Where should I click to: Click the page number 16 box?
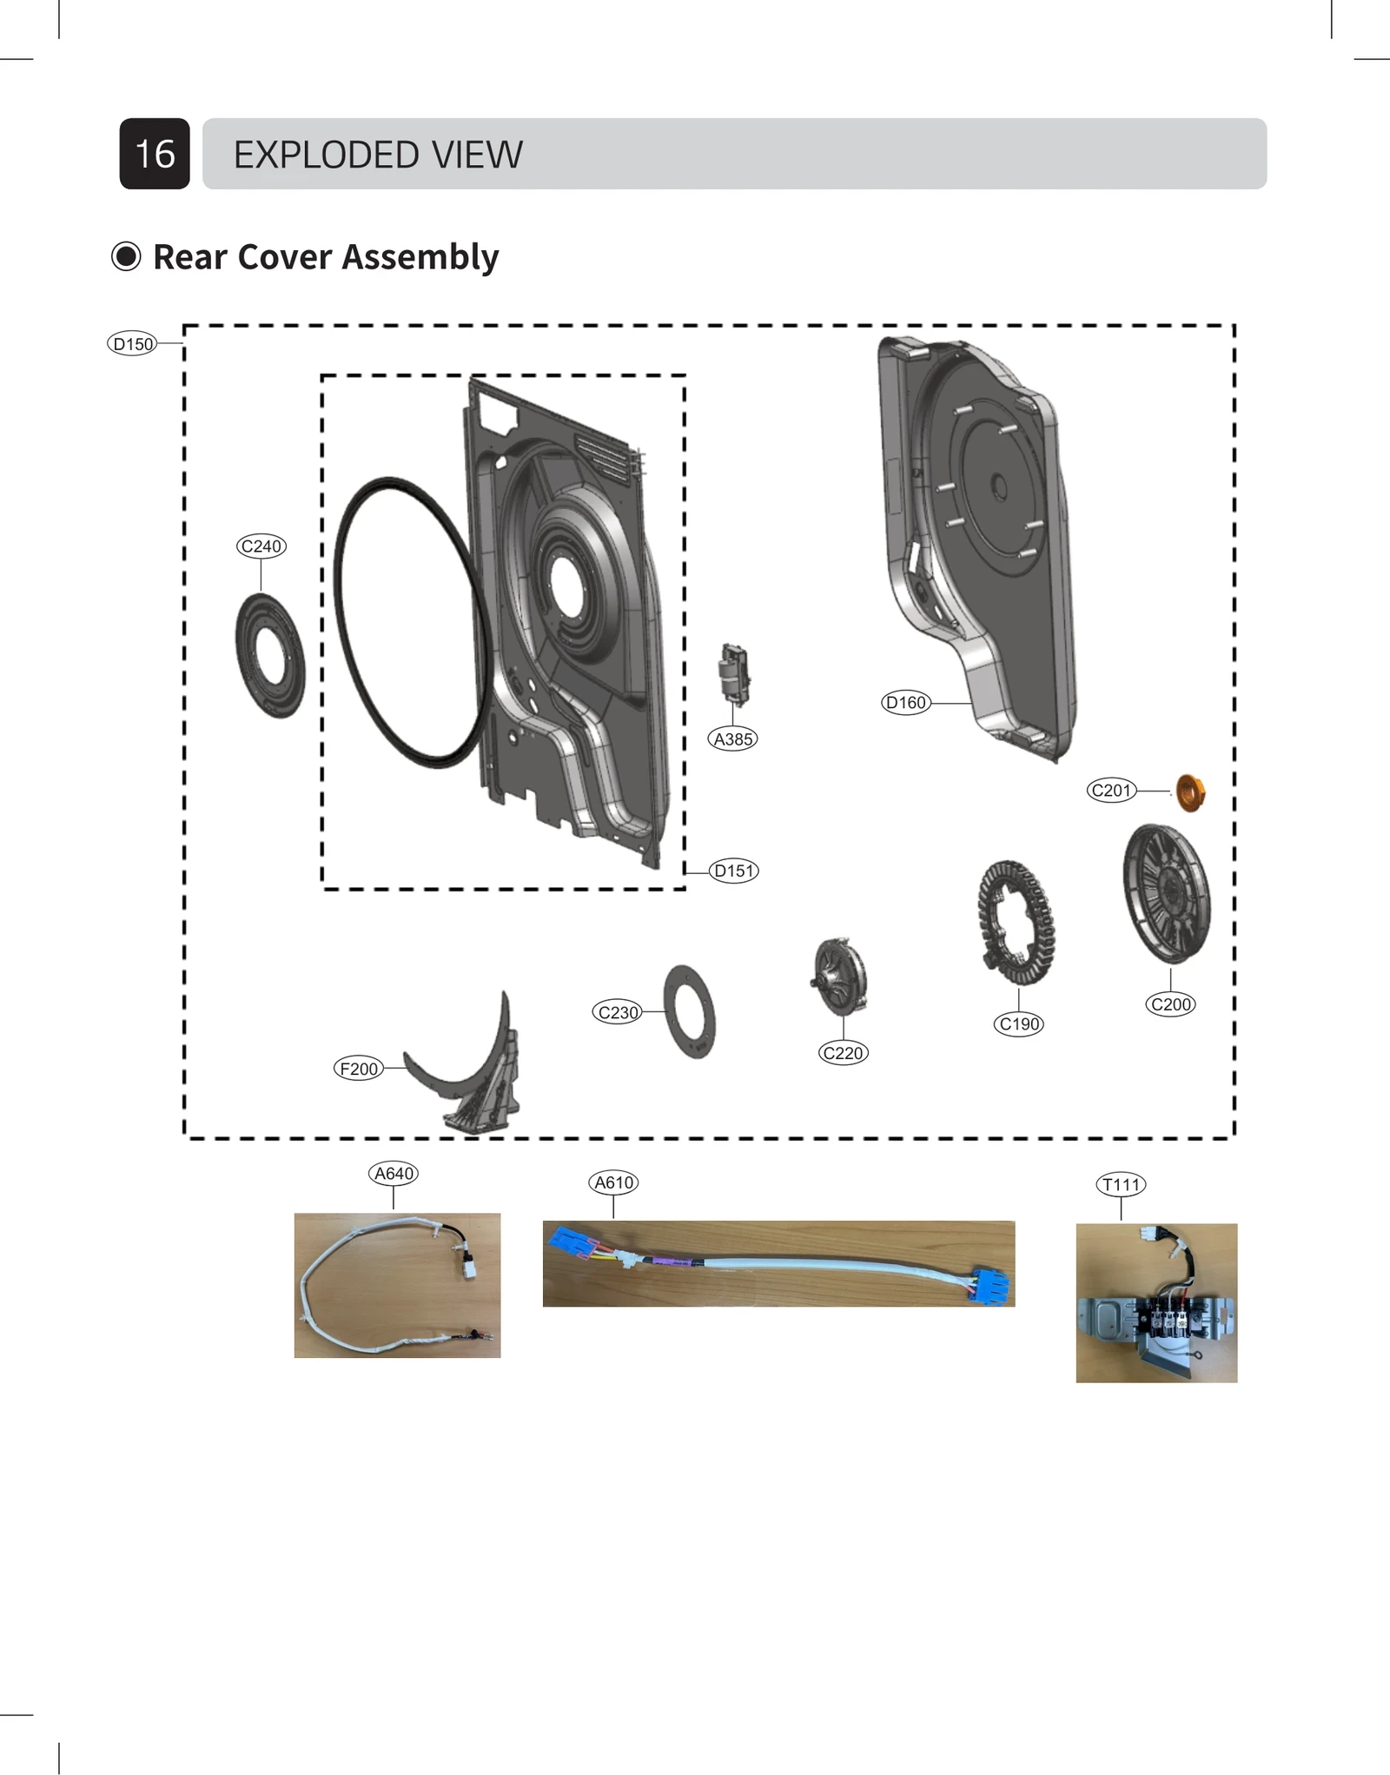[155, 154]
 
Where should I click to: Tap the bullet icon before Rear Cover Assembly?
[126, 256]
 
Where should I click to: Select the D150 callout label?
[133, 344]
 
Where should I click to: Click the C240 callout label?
[261, 546]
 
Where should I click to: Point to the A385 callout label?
[733, 739]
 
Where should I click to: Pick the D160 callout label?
[905, 703]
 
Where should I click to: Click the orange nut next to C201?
[1189, 792]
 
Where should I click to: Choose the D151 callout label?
[733, 871]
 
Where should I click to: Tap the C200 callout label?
[1170, 1004]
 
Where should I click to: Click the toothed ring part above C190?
[1016, 922]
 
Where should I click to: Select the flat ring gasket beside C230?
[689, 1010]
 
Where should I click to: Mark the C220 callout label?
[843, 1053]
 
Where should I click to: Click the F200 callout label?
[358, 1069]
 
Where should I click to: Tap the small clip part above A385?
[734, 673]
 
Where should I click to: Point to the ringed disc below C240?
[270, 655]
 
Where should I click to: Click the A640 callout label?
[394, 1174]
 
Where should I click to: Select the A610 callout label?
[613, 1182]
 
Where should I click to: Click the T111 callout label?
[1121, 1184]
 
